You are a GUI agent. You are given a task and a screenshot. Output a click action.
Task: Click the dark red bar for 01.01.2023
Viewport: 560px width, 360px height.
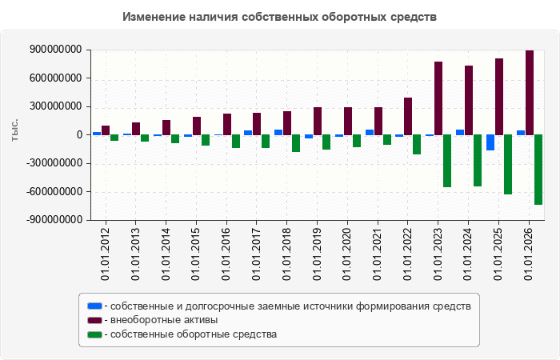[438, 98]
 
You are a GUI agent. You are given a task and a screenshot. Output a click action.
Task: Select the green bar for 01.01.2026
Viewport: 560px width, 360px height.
[538, 170]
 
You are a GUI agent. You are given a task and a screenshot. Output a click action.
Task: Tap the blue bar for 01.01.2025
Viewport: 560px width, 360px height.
[490, 142]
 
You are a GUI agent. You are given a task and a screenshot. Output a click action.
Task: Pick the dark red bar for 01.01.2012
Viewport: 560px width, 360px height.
[106, 130]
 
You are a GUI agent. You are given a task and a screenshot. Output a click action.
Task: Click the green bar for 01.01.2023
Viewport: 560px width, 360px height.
[447, 161]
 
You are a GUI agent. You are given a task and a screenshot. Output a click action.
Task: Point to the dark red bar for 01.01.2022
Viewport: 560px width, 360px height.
[408, 117]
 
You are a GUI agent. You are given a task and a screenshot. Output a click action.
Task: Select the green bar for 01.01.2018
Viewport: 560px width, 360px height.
[296, 143]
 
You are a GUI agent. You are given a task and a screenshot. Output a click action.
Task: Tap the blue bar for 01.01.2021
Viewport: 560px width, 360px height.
[370, 133]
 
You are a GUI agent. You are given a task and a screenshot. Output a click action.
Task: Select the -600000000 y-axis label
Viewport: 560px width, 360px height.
[54, 192]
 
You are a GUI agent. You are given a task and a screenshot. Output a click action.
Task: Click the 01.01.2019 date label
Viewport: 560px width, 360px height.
[317, 254]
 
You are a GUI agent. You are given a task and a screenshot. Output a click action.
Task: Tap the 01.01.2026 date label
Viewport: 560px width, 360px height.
[528, 254]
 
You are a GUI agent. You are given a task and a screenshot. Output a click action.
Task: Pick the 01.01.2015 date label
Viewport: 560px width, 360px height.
[196, 254]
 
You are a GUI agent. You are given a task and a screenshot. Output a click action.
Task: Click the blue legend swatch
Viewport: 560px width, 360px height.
[94, 306]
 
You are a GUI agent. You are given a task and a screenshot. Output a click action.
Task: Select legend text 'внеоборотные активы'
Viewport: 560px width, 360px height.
[164, 320]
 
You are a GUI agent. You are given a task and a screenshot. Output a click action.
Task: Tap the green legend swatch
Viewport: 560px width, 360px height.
[94, 334]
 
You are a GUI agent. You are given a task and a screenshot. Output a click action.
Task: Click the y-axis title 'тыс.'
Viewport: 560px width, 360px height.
[14, 130]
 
